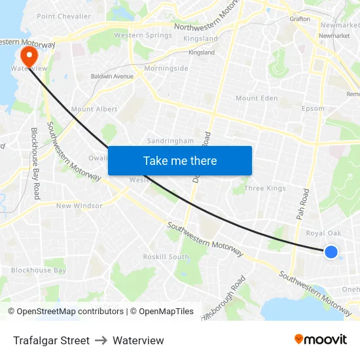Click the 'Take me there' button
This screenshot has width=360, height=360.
click(180, 160)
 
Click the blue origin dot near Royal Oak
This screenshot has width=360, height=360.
click(331, 252)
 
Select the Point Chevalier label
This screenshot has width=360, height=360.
click(64, 16)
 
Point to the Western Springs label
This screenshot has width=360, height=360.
click(143, 35)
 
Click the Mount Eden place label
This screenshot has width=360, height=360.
click(257, 98)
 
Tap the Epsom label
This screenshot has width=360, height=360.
click(313, 109)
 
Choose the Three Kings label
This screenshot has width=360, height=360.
click(265, 189)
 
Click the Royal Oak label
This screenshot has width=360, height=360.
click(323, 233)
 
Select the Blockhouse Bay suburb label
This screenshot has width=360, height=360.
click(39, 270)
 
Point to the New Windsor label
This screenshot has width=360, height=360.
click(79, 206)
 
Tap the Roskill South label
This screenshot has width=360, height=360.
click(166, 257)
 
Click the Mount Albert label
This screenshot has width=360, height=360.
click(94, 109)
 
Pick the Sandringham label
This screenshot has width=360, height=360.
click(170, 141)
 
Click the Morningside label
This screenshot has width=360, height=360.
click(166, 68)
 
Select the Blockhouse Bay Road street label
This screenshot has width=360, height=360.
click(36, 164)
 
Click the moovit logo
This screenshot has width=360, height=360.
click(321, 340)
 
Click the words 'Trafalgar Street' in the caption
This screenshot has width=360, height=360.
click(51, 340)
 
